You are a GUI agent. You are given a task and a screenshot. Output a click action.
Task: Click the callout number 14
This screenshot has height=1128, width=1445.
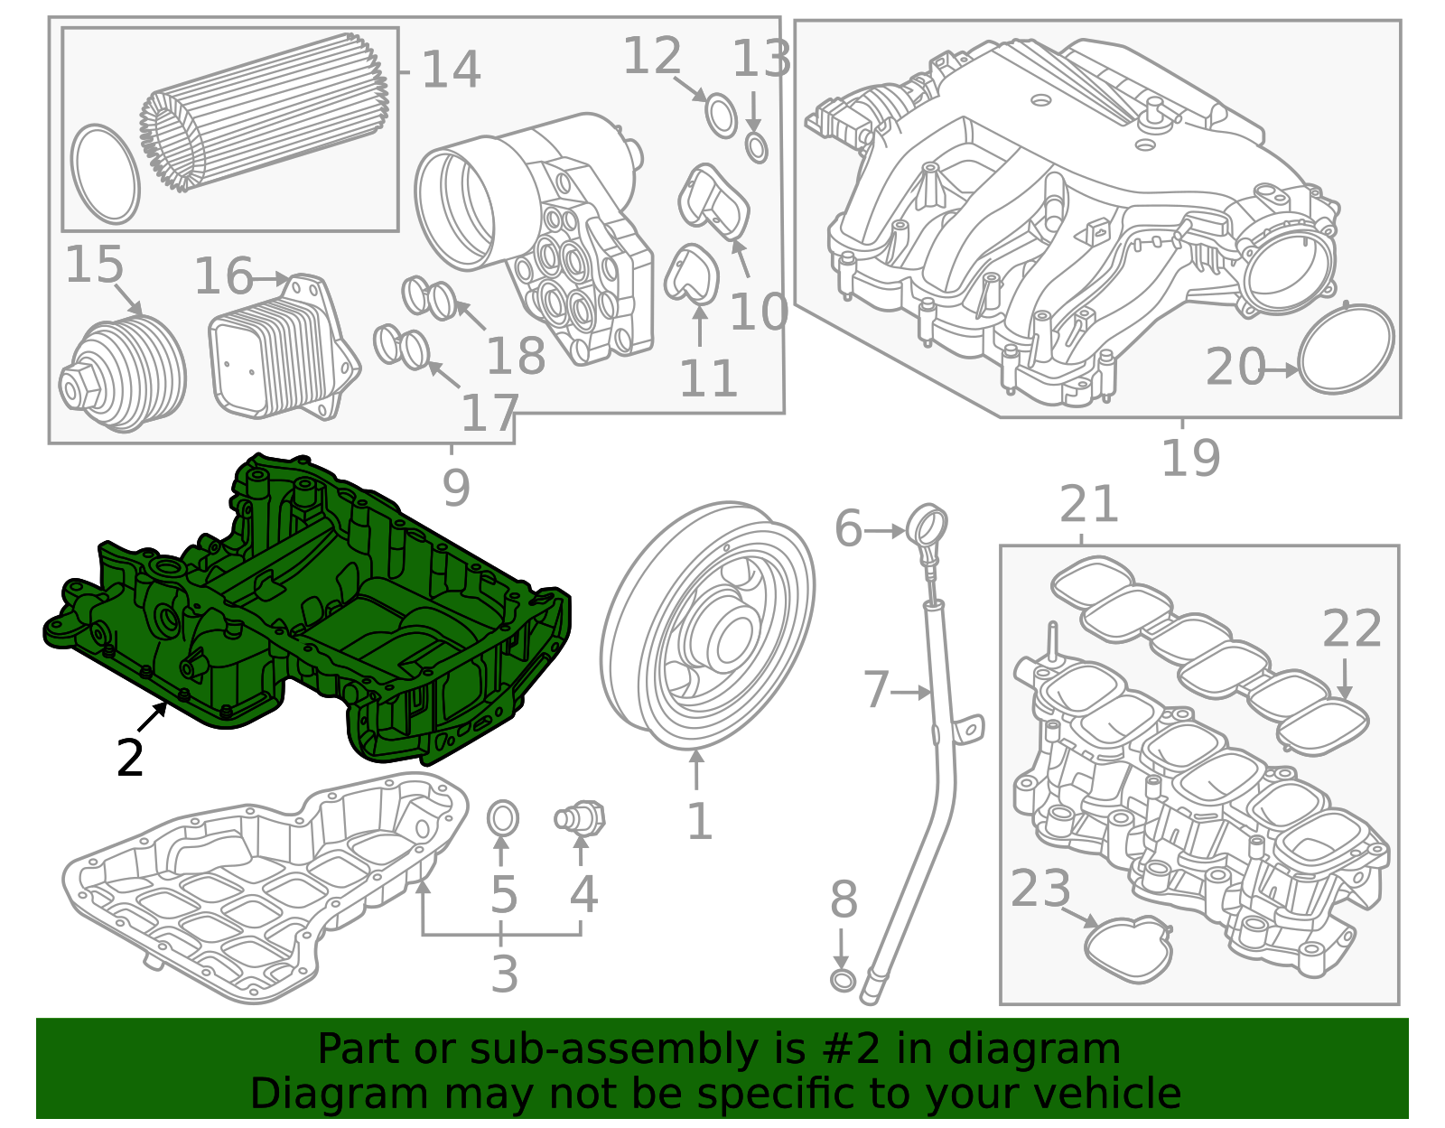[451, 70]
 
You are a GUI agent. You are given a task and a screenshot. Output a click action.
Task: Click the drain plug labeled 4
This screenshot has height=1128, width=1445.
[581, 819]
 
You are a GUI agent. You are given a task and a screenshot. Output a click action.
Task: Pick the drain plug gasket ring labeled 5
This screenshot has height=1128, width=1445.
[503, 819]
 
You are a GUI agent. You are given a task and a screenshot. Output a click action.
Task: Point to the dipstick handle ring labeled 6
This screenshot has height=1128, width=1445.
[928, 526]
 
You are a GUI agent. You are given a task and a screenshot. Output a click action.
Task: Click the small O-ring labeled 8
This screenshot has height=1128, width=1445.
[842, 981]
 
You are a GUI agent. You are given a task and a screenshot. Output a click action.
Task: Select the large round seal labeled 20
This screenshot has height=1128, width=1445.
[1346, 349]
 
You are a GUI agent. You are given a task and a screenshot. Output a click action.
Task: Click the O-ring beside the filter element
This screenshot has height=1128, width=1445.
[105, 174]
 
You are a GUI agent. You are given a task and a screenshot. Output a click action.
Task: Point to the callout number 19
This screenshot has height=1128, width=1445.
[1190, 458]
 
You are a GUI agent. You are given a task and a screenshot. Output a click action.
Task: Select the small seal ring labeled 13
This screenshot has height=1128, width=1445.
[757, 147]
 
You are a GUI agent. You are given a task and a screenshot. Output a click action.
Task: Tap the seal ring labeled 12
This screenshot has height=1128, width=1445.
[721, 116]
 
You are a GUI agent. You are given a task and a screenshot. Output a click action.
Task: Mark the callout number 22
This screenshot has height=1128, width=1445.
[1351, 629]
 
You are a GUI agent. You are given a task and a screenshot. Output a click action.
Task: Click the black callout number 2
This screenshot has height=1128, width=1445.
[130, 758]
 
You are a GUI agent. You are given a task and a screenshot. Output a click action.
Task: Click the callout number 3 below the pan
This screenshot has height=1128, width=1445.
[504, 974]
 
